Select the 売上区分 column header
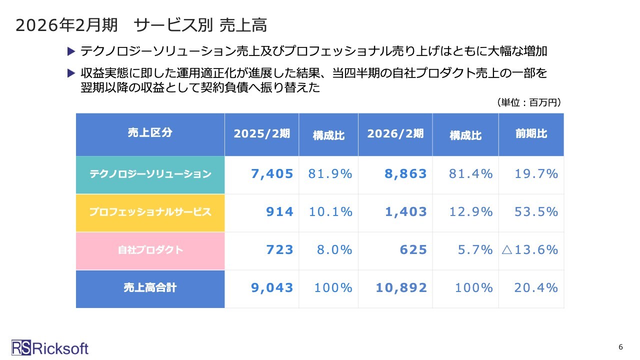point(150,133)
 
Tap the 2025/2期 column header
point(261,133)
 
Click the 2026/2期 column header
point(395,133)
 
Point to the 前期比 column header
point(531,133)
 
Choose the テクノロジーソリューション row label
point(150,174)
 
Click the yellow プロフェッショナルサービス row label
point(150,212)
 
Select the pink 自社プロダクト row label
point(150,250)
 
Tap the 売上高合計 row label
point(150,288)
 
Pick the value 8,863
point(405,174)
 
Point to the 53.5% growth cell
point(536,212)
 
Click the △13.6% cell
point(530,250)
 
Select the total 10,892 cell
point(401,288)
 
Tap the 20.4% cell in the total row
point(536,288)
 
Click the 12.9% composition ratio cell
point(470,212)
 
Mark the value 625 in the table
point(413,250)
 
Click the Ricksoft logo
point(50,348)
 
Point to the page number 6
point(620,347)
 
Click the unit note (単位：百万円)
point(529,102)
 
